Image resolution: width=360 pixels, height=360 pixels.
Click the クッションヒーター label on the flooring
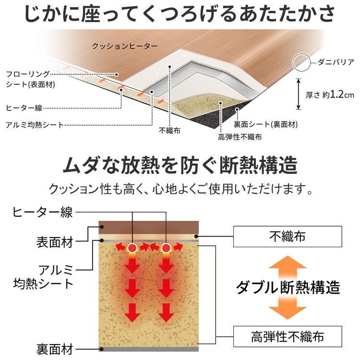tap(125, 46)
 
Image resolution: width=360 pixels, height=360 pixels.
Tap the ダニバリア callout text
tap(336, 62)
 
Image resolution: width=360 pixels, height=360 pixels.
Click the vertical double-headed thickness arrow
tap(298, 94)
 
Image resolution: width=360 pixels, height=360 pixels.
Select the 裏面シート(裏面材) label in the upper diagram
tap(265, 124)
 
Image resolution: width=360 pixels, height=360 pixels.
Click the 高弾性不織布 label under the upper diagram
tap(240, 137)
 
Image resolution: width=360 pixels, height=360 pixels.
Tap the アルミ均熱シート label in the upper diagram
tap(35, 125)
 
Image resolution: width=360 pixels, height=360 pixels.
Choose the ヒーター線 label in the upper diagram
tap(24, 108)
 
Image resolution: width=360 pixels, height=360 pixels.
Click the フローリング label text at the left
tap(27, 74)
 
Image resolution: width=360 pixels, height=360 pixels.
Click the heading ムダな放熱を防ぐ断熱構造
tap(180, 165)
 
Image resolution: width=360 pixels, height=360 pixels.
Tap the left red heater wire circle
tap(132, 248)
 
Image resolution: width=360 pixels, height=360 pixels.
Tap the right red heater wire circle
tap(166, 248)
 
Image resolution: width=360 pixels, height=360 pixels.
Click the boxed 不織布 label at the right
tap(288, 237)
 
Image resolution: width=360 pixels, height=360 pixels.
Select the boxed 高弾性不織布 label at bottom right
tap(288, 336)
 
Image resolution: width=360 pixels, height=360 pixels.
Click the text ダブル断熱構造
tap(288, 287)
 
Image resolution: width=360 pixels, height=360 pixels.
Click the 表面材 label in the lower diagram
tap(55, 242)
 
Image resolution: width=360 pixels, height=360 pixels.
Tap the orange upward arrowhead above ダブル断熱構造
tap(288, 263)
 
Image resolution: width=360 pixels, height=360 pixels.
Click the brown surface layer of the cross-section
tap(148, 228)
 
